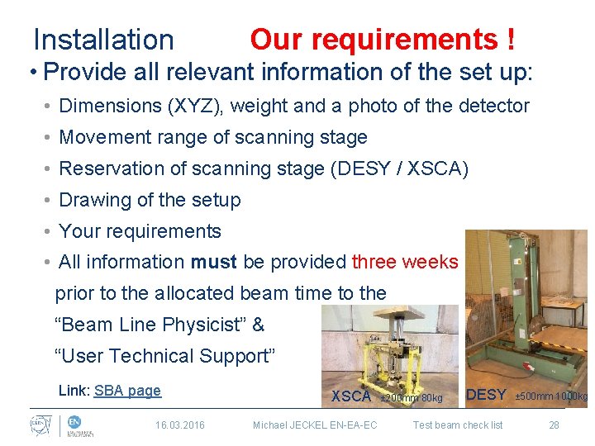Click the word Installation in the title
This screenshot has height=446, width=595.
[103, 40]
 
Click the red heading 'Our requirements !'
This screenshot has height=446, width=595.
[383, 39]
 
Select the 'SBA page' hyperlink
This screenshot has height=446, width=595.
[127, 391]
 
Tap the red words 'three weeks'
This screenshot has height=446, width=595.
[404, 262]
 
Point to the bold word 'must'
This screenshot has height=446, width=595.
[214, 262]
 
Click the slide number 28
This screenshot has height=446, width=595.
[554, 425]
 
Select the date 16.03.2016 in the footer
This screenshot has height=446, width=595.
[180, 425]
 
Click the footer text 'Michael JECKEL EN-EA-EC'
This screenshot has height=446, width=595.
[315, 425]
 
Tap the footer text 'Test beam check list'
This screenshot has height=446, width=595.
[457, 425]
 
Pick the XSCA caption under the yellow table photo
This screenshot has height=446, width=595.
[350, 396]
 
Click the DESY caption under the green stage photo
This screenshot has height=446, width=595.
[486, 395]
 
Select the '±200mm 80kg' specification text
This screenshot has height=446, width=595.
[411, 398]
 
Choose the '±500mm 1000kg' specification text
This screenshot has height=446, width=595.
[551, 397]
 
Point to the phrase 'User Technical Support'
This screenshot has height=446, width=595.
[164, 356]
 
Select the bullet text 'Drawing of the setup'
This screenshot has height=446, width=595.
[150, 200]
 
